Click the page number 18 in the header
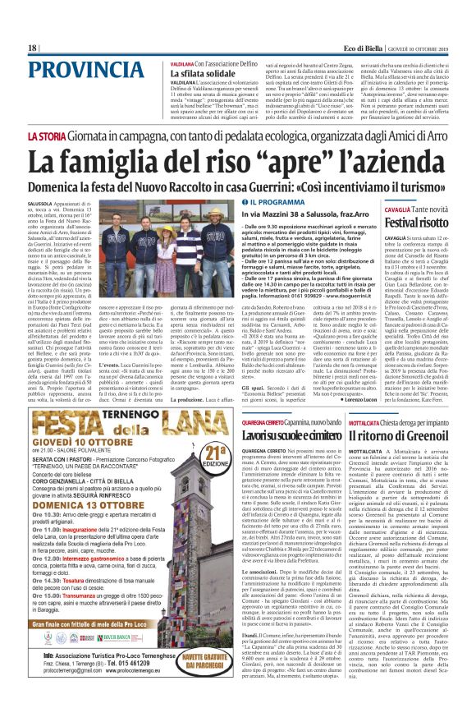pyautogui.click(x=33, y=48)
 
